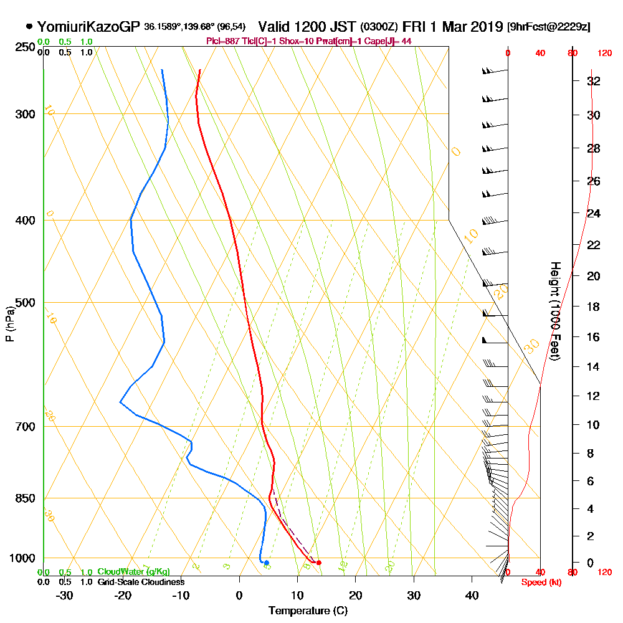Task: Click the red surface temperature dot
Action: pos(319,563)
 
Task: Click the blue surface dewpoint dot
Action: pos(266,563)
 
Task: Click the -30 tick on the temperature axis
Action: pos(65,595)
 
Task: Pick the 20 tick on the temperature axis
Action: pos(356,595)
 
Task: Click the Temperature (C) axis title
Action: pos(308,610)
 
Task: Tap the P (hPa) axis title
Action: pos(9,324)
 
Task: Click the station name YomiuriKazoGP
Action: pos(88,27)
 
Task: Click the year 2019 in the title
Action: pos(484,27)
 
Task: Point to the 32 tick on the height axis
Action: pos(594,81)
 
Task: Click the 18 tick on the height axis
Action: pos(594,307)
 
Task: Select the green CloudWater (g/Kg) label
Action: pos(133,572)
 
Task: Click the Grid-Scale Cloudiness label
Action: pos(140,582)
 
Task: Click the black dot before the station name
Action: pos(29,27)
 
